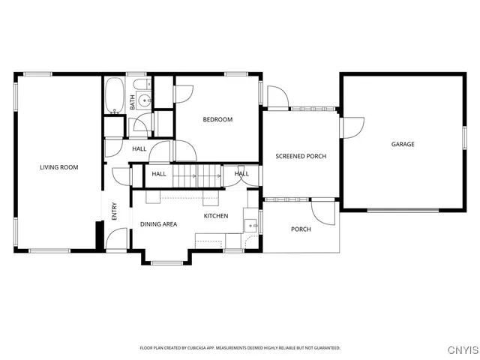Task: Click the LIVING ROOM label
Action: [x=59, y=167]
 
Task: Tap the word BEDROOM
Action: [x=217, y=119]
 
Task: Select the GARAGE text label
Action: [x=402, y=144]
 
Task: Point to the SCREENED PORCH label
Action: [x=301, y=156]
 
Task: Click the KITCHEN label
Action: [x=216, y=216]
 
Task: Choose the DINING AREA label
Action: [x=158, y=224]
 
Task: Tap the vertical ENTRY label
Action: [x=115, y=212]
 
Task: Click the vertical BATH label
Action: [x=133, y=102]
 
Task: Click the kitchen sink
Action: [x=250, y=224]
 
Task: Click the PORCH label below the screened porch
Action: [x=301, y=229]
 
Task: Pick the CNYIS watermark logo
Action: [x=462, y=349]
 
